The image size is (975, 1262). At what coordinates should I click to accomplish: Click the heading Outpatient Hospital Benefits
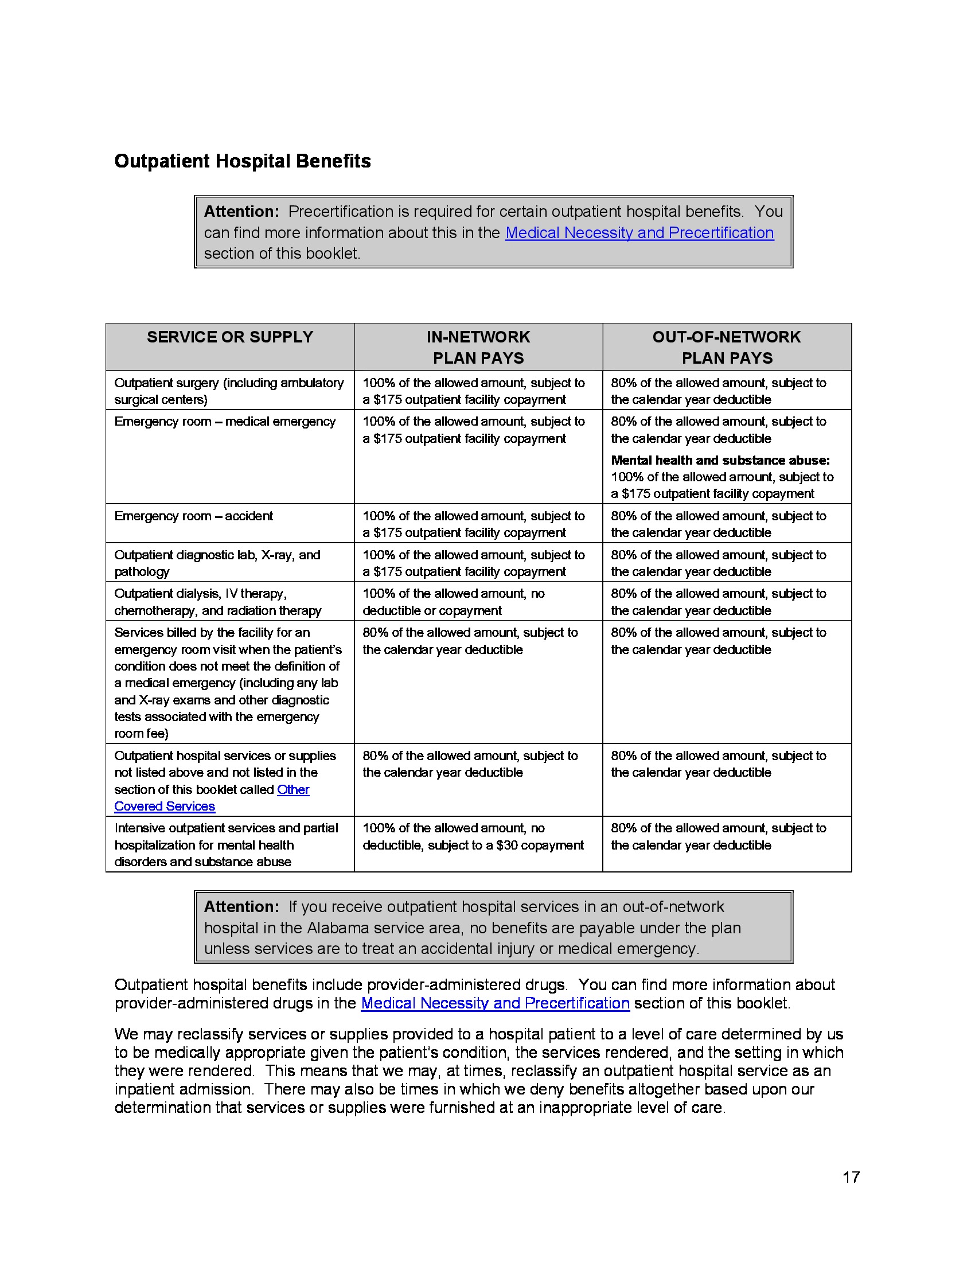tap(243, 161)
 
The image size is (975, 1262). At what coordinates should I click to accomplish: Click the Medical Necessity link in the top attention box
tap(639, 232)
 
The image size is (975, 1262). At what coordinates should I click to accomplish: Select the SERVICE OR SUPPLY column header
tap(229, 337)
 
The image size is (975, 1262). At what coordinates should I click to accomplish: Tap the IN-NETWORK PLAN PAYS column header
tap(478, 346)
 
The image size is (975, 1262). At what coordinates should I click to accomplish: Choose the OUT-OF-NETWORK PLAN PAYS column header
tap(727, 346)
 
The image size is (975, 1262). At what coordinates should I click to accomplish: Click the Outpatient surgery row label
tap(229, 391)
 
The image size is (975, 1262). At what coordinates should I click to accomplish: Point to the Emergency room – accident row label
tap(193, 516)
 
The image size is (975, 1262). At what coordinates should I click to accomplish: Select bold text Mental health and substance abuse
tap(720, 460)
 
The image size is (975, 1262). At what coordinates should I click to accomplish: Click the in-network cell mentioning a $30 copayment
tap(473, 836)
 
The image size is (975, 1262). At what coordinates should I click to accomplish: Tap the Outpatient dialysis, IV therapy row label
tap(217, 602)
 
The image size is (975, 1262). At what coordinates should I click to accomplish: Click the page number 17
tap(851, 1177)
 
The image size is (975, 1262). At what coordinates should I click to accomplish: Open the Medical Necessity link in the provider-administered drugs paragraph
tap(495, 1003)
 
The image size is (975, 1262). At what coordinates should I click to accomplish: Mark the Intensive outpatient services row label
tap(225, 844)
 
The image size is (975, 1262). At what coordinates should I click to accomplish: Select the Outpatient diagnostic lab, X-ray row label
tap(217, 563)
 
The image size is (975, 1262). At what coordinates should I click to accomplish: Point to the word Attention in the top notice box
tap(241, 212)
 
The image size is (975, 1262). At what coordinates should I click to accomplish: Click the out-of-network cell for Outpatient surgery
tap(718, 391)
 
